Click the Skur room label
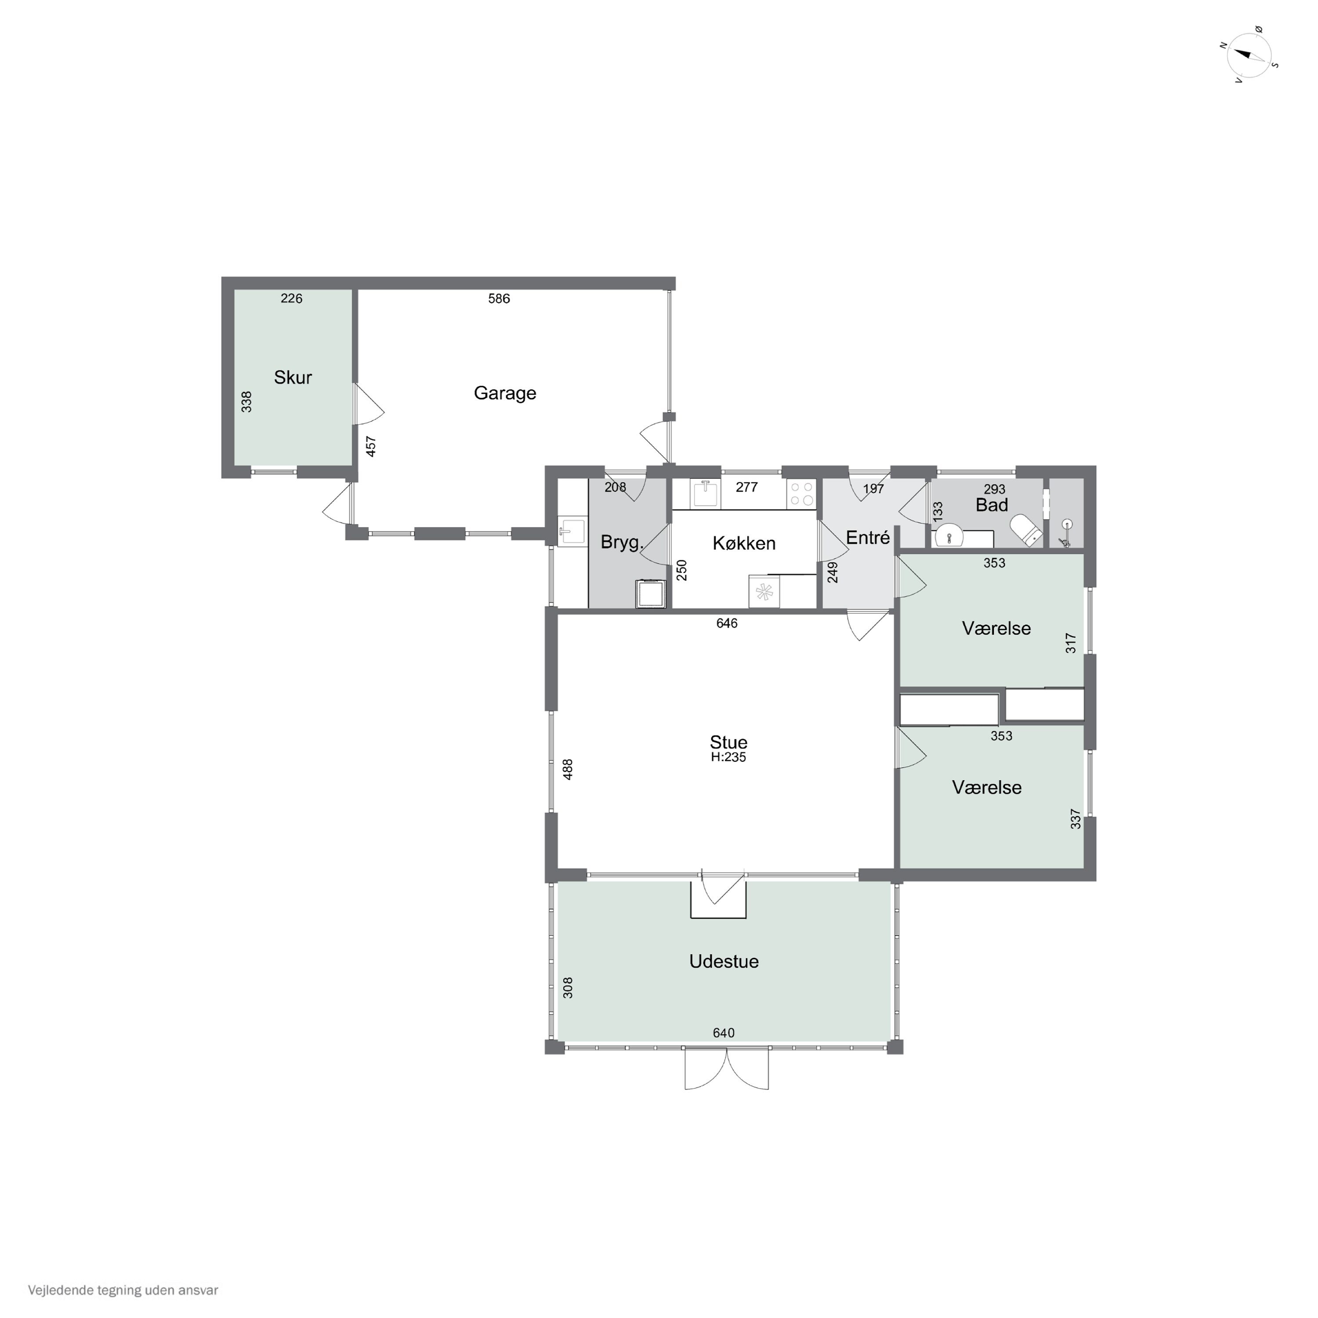(293, 377)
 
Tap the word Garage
(505, 393)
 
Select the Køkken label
(744, 544)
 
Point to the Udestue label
(724, 962)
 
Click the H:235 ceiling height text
(728, 757)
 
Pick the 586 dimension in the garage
(499, 299)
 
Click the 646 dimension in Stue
(727, 623)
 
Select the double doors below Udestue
(727, 1070)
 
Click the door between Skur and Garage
(369, 405)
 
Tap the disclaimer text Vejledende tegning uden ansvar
(123, 1290)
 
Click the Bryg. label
(622, 543)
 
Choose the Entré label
(868, 538)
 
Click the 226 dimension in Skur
(291, 299)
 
